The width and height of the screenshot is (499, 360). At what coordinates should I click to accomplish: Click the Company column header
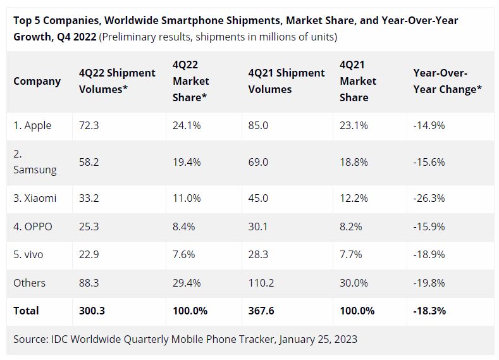(x=37, y=81)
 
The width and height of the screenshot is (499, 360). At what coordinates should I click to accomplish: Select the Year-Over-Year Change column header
(x=447, y=81)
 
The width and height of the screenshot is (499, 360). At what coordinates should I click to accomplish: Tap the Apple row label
(x=32, y=125)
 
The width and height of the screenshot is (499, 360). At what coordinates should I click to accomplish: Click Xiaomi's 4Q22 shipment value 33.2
(x=89, y=198)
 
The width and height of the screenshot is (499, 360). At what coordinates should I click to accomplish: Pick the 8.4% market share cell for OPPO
(x=186, y=227)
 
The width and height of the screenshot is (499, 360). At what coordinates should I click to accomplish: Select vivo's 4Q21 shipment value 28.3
(x=258, y=254)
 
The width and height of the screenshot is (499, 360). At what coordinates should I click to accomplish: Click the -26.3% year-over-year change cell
(x=429, y=198)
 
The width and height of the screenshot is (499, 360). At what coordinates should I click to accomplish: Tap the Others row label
(x=29, y=283)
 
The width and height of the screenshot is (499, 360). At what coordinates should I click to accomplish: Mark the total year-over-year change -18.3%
(x=429, y=311)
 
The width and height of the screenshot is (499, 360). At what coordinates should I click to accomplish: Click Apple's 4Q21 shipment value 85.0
(x=258, y=125)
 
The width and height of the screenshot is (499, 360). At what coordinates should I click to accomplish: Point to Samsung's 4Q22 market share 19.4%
(x=187, y=163)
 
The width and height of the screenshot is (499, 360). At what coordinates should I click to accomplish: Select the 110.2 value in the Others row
(x=261, y=283)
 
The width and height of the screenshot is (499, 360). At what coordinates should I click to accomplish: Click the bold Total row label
(x=26, y=311)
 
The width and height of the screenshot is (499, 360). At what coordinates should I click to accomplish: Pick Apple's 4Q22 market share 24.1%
(x=187, y=125)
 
